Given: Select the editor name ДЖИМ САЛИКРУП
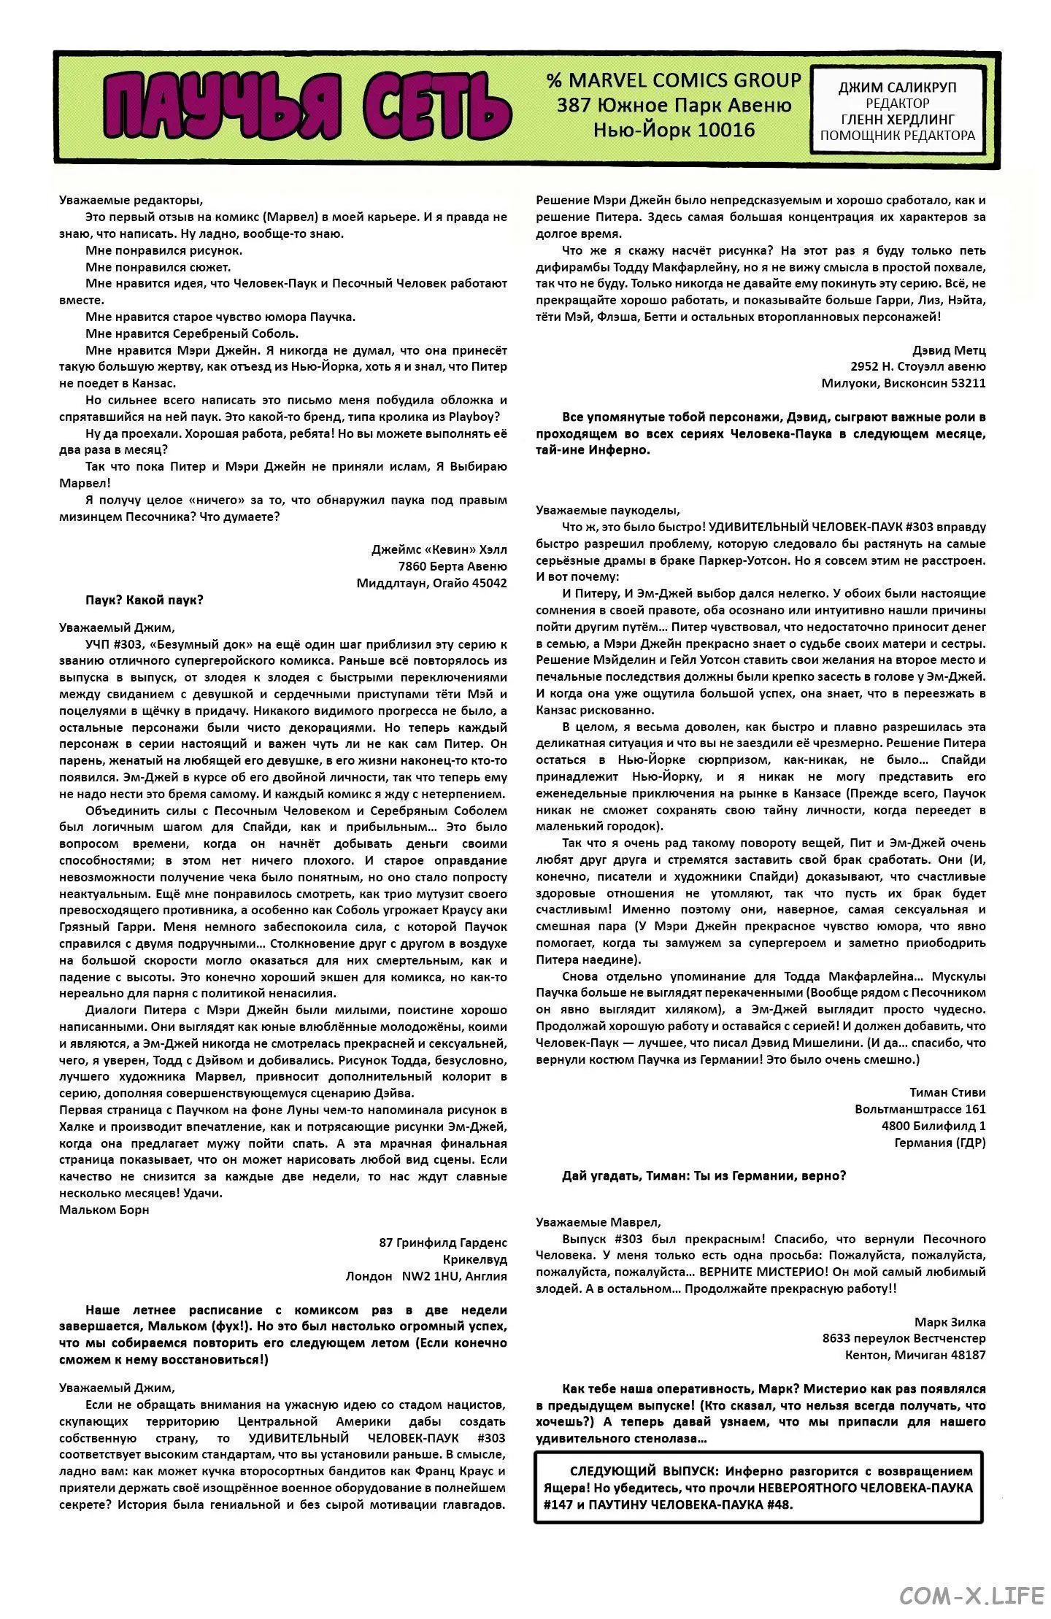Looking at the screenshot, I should click(x=897, y=88).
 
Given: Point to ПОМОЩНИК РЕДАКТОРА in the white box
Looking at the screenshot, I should click(x=897, y=136).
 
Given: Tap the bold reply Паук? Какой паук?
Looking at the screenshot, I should click(x=145, y=600).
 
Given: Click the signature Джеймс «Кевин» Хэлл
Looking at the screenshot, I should click(x=439, y=549).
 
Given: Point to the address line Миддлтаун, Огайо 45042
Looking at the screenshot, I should click(x=431, y=583).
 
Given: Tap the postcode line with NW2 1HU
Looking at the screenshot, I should click(x=426, y=1275).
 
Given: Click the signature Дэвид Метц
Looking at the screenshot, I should click(x=948, y=350).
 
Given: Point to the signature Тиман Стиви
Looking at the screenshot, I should click(x=947, y=1092).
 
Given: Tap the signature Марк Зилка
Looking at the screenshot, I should click(x=950, y=1322).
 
